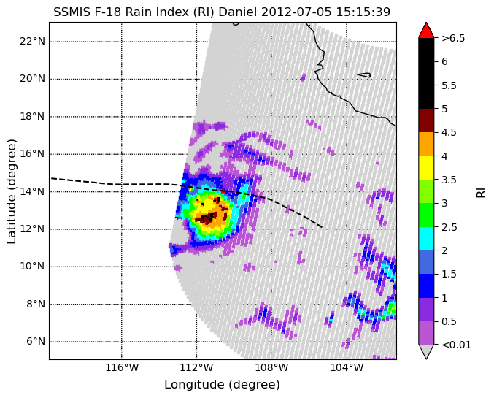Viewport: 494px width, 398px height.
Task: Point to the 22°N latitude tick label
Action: (32, 41)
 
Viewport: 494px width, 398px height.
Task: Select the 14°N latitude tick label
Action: (32, 191)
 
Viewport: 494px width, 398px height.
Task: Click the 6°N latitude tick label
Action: (36, 342)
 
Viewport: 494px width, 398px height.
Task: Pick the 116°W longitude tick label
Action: (122, 368)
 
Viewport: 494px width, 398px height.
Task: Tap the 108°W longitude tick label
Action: (271, 368)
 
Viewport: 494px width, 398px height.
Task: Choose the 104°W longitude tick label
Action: (347, 368)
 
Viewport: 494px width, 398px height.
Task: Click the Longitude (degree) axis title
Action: (222, 384)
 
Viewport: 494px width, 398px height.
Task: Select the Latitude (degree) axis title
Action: (11, 191)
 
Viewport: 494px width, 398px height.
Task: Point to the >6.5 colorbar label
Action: (453, 38)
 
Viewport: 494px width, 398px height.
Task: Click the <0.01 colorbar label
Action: (457, 345)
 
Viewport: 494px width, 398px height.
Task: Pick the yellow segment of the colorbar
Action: (426, 168)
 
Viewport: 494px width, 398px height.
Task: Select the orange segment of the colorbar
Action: (426, 144)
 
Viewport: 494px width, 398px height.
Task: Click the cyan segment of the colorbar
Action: (426, 239)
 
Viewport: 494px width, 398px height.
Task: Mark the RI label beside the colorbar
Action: (481, 191)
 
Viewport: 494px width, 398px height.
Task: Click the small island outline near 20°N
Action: (364, 75)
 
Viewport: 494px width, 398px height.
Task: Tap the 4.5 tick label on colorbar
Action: (449, 132)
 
